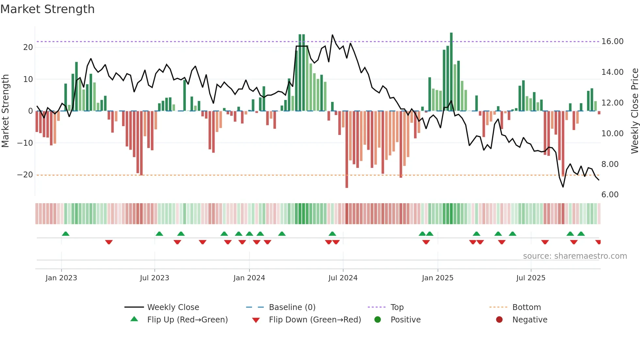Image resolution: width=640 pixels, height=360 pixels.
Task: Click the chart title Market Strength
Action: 47,9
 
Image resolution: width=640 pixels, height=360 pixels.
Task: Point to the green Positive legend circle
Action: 378,320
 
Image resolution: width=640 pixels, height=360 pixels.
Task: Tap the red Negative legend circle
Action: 499,320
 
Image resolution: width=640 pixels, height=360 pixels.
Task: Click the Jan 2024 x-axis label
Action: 249,278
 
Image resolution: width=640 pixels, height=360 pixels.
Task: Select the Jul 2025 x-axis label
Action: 531,278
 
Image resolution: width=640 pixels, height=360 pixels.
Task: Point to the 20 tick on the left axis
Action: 28,47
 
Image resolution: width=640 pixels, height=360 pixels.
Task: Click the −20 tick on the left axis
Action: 25,175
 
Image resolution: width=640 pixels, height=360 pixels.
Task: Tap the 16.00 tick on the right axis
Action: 612,41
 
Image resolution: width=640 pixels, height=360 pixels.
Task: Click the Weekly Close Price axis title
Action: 634,111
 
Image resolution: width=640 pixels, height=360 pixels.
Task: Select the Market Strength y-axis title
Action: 6,111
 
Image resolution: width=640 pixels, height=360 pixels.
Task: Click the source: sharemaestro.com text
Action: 575,256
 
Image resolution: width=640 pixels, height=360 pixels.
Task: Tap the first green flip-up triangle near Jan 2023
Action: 66,234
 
